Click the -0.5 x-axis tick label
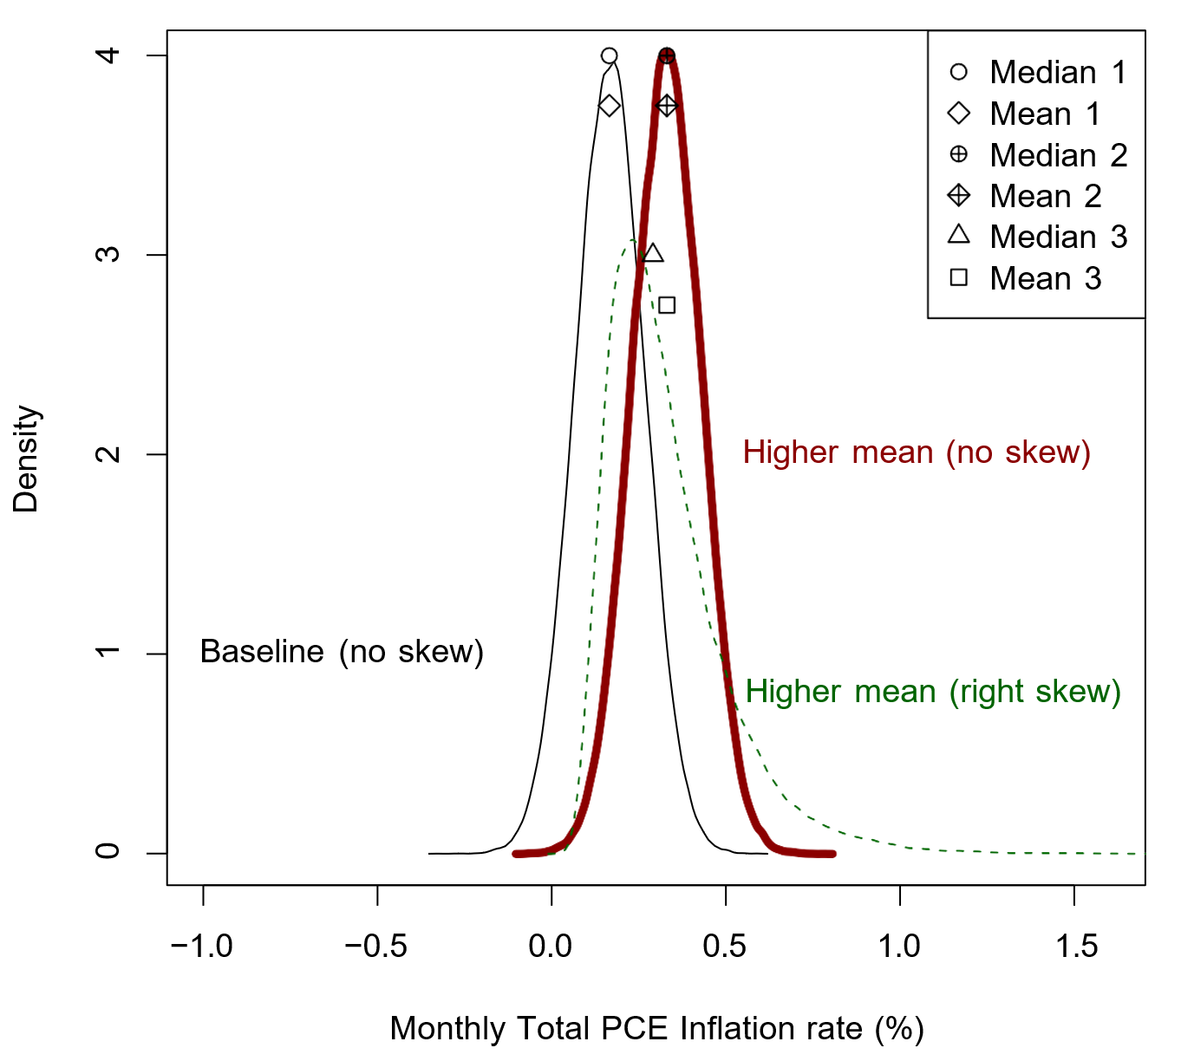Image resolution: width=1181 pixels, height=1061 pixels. (376, 946)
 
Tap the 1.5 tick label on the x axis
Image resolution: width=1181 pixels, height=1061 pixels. (1076, 946)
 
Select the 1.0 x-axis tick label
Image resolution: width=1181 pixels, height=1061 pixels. (900, 946)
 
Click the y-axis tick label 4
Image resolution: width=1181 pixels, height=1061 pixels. (108, 55)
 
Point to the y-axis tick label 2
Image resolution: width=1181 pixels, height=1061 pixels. (108, 454)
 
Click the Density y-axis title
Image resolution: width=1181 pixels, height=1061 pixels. (26, 459)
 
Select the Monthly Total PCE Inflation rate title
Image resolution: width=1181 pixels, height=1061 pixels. (656, 1028)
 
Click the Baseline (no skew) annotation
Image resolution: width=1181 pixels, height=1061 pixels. (342, 652)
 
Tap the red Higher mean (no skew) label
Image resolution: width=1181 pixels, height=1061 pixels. (917, 452)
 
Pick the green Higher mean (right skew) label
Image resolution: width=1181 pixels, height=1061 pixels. (933, 692)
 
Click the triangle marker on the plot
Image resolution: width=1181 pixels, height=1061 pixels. (653, 254)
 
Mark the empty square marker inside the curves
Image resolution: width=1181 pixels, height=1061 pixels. (667, 305)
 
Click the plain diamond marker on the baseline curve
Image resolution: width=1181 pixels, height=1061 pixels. (610, 106)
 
